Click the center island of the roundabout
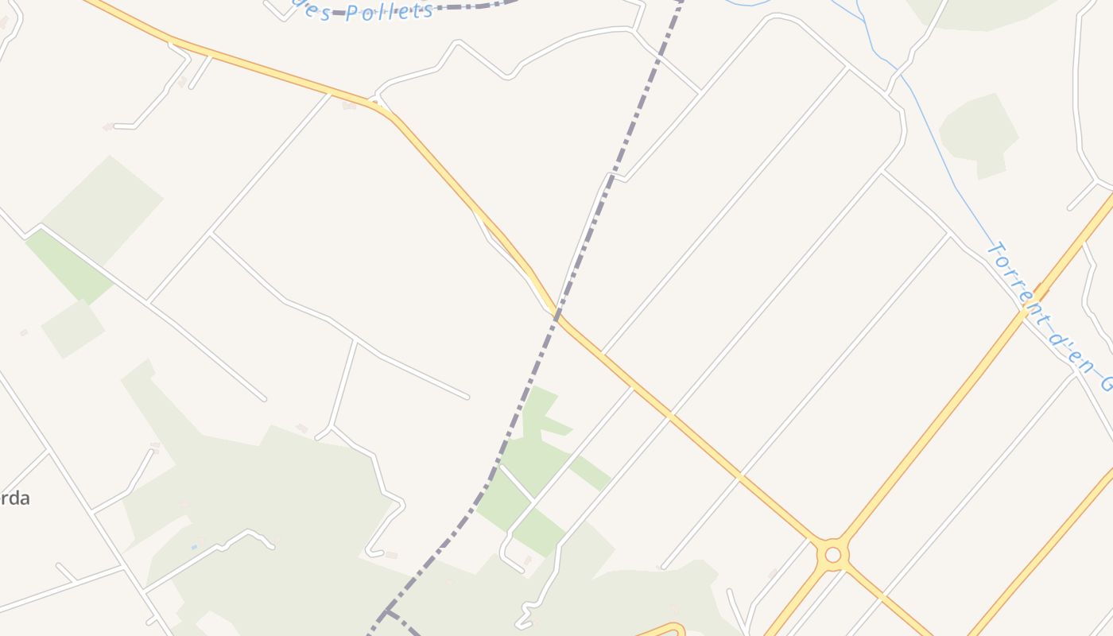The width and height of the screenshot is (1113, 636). [832, 555]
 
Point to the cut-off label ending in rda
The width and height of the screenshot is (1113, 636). [16, 498]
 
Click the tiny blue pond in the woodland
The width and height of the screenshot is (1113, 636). [194, 547]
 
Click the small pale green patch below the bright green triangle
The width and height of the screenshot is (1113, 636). [72, 328]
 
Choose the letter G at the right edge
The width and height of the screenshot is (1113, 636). [1107, 383]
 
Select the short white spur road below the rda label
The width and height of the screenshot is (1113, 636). [66, 572]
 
